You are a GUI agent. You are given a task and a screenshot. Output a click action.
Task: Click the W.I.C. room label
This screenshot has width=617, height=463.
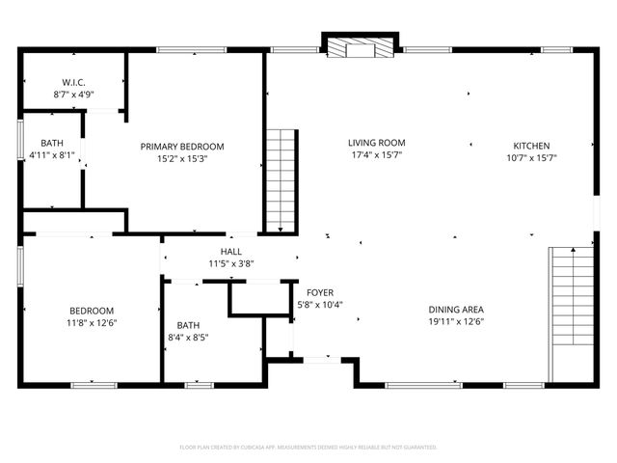tap(72, 83)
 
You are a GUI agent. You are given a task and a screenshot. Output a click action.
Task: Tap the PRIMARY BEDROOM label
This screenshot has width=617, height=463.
tap(182, 147)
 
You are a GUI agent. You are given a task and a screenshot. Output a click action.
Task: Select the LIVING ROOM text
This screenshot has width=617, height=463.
tap(377, 143)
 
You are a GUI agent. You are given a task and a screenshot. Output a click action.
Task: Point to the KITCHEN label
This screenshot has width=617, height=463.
tap(531, 147)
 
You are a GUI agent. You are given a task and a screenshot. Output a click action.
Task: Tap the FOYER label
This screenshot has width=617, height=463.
tap(320, 292)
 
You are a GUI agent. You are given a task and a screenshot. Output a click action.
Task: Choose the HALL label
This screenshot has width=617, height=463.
tap(231, 252)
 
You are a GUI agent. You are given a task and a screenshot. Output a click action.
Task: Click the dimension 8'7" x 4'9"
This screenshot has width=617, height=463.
tap(72, 95)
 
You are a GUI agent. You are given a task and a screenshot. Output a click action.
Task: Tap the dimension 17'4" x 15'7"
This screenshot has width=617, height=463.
tap(377, 154)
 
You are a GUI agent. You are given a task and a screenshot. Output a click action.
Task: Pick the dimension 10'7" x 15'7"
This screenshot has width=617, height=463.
tap(531, 158)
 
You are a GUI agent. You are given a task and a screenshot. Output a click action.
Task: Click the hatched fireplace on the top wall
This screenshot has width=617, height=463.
tap(360, 47)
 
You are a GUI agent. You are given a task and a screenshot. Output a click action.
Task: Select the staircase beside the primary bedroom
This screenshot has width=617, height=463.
tap(279, 179)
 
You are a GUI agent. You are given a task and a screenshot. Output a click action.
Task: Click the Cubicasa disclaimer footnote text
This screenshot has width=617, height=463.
tap(308, 448)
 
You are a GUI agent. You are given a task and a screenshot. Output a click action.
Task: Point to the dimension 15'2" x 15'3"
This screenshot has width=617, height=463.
tap(182, 158)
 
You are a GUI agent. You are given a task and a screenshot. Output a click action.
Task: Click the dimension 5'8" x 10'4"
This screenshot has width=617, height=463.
tap(320, 304)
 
